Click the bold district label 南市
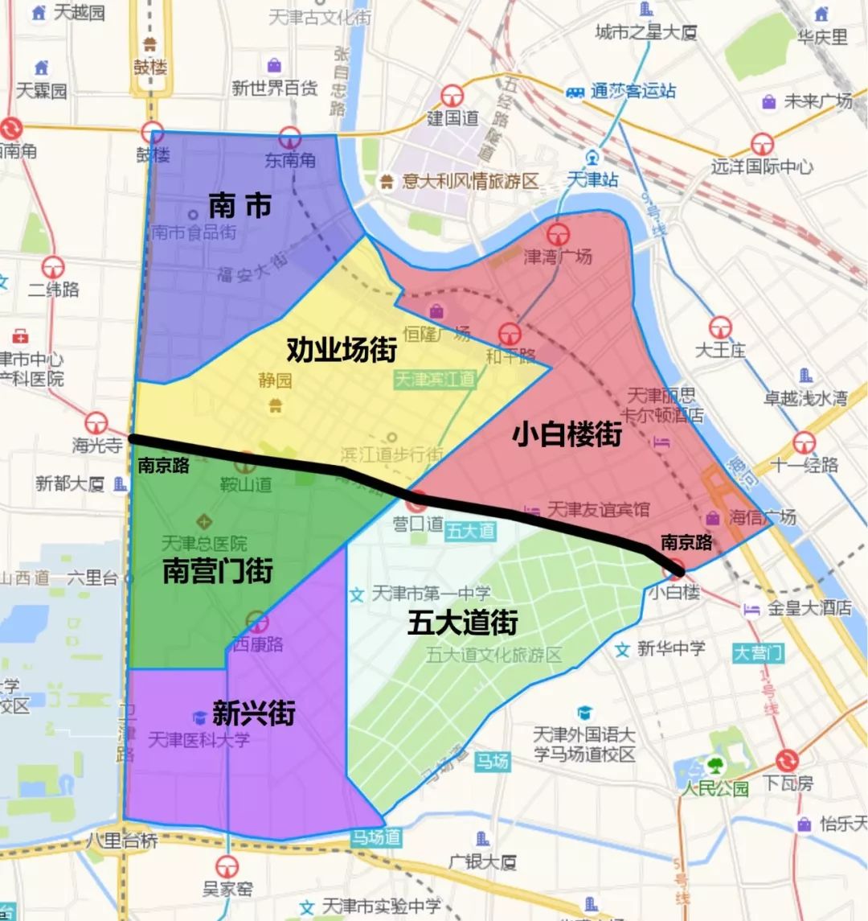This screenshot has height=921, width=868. click(240, 206)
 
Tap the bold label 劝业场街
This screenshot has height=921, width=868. click(342, 350)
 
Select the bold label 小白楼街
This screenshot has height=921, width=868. click(568, 434)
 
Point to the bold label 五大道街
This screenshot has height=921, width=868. click(462, 622)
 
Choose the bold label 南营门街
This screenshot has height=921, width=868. click(218, 570)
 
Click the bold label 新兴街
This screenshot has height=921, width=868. click(254, 713)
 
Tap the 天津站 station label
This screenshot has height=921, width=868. click(593, 179)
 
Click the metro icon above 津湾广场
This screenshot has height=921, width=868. click(559, 235)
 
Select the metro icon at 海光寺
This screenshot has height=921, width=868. click(97, 422)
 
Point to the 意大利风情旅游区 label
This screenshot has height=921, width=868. click(470, 181)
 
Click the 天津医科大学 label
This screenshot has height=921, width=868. click(199, 738)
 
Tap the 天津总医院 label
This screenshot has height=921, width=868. click(204, 543)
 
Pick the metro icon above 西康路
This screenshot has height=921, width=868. click(257, 622)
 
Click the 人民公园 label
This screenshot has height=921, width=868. click(715, 787)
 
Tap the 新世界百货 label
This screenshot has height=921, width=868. click(275, 88)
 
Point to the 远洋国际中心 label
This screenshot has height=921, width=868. click(762, 167)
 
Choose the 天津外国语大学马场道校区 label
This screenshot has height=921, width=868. click(584, 744)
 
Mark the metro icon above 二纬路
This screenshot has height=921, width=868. click(53, 267)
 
